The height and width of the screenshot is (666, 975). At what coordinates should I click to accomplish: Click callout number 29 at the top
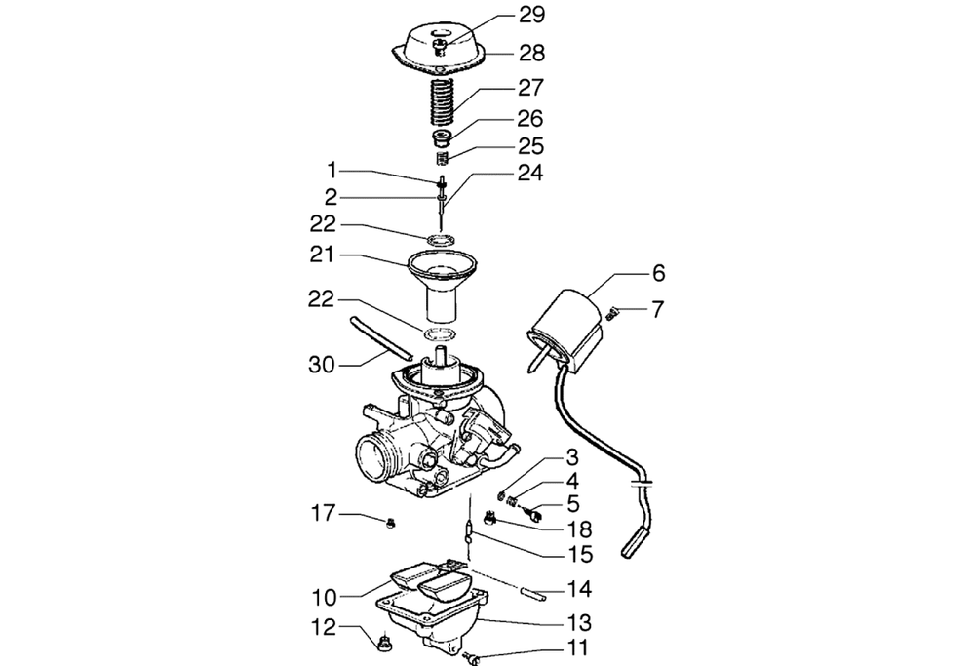click(531, 15)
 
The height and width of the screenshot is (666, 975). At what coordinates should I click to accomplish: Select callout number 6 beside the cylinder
click(658, 272)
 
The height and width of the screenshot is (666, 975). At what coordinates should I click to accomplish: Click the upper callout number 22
click(323, 224)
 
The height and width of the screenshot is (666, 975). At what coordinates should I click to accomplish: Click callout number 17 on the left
click(323, 514)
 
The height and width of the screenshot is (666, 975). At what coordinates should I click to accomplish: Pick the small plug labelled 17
click(391, 524)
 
